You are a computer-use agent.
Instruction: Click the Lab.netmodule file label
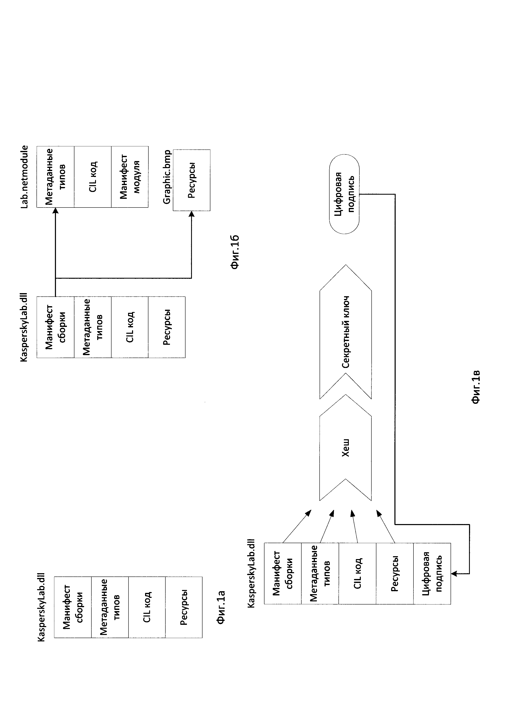point(24,177)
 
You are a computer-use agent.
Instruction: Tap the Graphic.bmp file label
point(167,177)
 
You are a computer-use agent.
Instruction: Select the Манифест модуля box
point(130,177)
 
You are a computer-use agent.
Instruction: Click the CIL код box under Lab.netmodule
point(93,177)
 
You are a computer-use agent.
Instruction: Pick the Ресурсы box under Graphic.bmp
point(192,180)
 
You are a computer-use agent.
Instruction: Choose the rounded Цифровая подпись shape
point(344,194)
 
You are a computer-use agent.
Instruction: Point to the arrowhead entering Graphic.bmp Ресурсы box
point(192,214)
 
